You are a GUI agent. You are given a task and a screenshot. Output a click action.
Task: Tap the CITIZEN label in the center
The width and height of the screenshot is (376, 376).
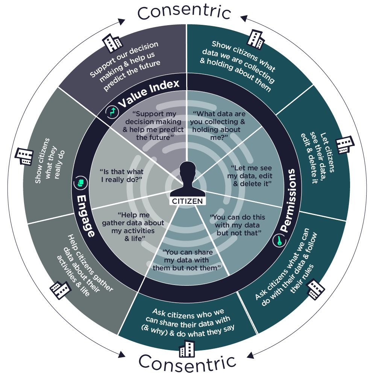[x=187, y=201]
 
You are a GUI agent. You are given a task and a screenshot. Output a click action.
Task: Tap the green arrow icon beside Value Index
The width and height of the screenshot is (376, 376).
[x=112, y=111]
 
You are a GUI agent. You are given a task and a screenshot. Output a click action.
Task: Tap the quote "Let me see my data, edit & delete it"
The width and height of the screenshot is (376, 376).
[x=250, y=176]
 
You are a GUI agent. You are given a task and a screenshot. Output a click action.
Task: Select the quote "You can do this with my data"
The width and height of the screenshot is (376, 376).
[x=238, y=225]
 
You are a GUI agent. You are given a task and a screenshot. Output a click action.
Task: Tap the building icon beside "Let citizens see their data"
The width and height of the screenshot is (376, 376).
[x=345, y=144]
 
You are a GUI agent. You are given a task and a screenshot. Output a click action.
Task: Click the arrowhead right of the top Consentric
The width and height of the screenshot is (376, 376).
[x=244, y=17]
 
